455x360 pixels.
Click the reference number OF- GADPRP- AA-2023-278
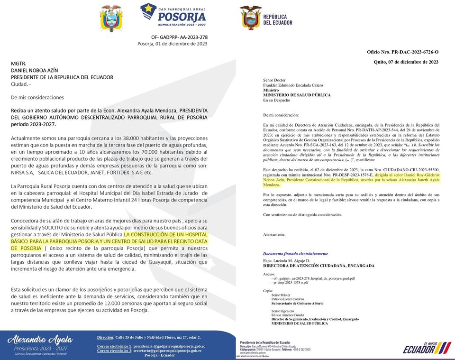(x=179, y=37)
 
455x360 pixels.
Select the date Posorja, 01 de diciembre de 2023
(x=173, y=44)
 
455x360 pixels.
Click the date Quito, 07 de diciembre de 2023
(x=406, y=62)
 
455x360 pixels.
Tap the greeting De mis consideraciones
(x=37, y=97)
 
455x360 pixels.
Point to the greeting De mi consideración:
(x=281, y=115)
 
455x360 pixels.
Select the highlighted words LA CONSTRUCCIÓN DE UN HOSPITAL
(x=165, y=234)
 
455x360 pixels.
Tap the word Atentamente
(x=274, y=235)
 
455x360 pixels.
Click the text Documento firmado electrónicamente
(x=295, y=254)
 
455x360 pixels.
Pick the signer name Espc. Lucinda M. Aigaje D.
(x=286, y=261)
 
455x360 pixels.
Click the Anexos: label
(x=269, y=274)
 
